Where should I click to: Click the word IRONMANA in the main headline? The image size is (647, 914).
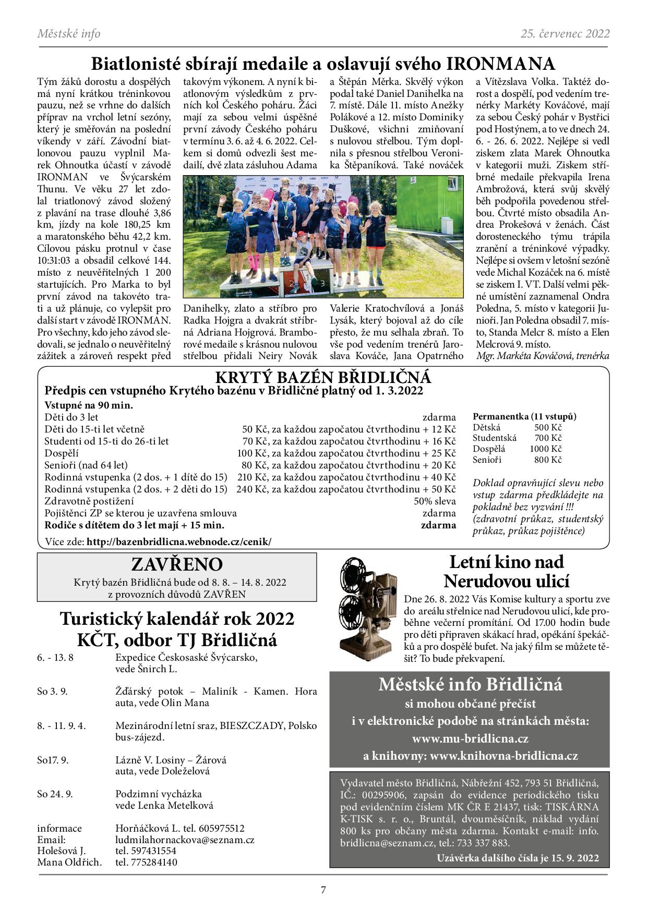pyautogui.click(x=500, y=64)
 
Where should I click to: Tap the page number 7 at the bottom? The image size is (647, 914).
pyautogui.click(x=323, y=890)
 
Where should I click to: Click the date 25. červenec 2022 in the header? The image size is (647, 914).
pyautogui.click(x=565, y=34)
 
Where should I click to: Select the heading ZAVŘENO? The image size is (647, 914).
pyautogui.click(x=177, y=564)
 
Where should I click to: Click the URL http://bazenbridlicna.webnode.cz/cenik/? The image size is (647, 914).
pyautogui.click(x=179, y=541)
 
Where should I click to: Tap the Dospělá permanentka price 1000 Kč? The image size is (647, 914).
pyautogui.click(x=546, y=449)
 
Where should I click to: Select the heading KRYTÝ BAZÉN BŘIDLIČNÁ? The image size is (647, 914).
pyautogui.click(x=323, y=377)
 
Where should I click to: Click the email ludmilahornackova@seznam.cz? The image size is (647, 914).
pyautogui.click(x=185, y=839)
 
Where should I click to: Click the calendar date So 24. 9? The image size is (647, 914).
pyautogui.click(x=55, y=794)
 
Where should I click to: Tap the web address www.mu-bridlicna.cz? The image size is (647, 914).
pyautogui.click(x=470, y=738)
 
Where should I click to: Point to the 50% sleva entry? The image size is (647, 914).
pyautogui.click(x=435, y=501)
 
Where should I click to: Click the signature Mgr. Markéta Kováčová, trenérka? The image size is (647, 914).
pyautogui.click(x=543, y=356)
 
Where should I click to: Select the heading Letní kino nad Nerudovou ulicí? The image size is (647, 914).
pyautogui.click(x=506, y=571)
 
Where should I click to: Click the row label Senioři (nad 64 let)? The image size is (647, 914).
pyautogui.click(x=86, y=465)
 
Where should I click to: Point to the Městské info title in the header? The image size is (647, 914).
pyautogui.click(x=69, y=34)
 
